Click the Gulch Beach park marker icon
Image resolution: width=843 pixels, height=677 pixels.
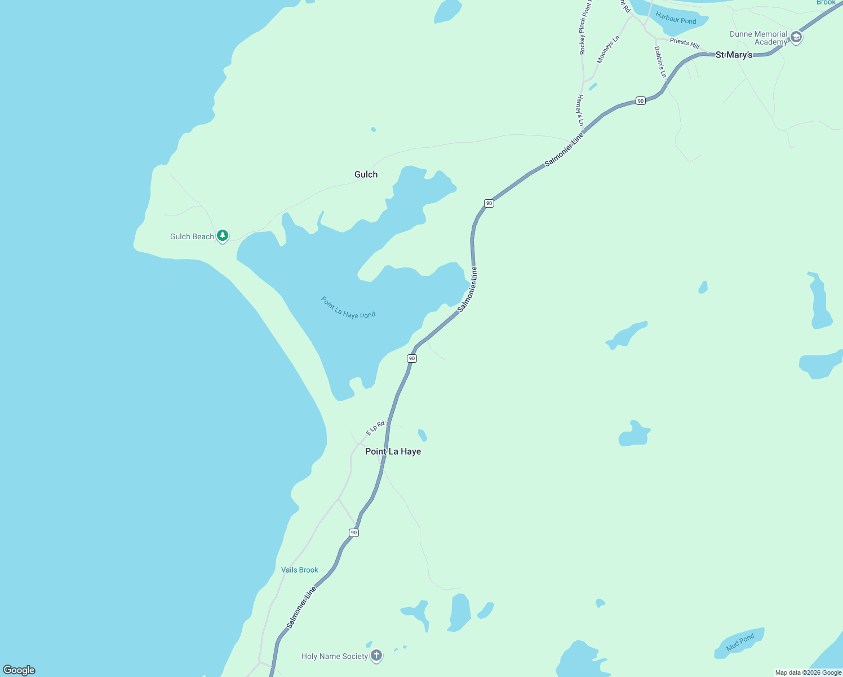pyautogui.click(x=223, y=235)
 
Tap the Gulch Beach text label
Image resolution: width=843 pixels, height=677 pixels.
pyautogui.click(x=192, y=236)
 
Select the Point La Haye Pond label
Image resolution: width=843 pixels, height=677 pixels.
pyautogui.click(x=348, y=307)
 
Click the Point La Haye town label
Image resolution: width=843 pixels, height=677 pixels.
pyautogui.click(x=393, y=451)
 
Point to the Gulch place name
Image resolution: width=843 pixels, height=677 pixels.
pyautogui.click(x=366, y=174)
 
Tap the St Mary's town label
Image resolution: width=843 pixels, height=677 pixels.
pyautogui.click(x=734, y=55)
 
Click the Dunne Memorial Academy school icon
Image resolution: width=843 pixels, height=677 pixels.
pyautogui.click(x=796, y=37)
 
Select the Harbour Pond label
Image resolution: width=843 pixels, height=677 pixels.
pyautogui.click(x=676, y=19)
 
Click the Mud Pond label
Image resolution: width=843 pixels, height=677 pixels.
pyautogui.click(x=740, y=643)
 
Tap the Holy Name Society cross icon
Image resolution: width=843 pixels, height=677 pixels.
pyautogui.click(x=376, y=656)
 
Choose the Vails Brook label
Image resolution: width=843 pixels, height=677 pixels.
pyautogui.click(x=300, y=570)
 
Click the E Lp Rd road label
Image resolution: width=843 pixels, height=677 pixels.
pyautogui.click(x=375, y=428)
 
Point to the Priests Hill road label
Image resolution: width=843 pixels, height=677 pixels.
pyautogui.click(x=685, y=42)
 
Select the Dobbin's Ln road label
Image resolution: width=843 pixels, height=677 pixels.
pyautogui.click(x=660, y=62)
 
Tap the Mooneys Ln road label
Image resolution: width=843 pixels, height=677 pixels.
pyautogui.click(x=608, y=50)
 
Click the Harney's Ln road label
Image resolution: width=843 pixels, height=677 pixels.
pyautogui.click(x=580, y=110)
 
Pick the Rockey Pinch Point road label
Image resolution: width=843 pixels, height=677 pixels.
pyautogui.click(x=586, y=28)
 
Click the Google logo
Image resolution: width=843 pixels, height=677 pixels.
pyautogui.click(x=19, y=670)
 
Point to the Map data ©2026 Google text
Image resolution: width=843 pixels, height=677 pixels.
pyautogui.click(x=808, y=672)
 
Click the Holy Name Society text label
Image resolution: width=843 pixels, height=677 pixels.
pyautogui.click(x=335, y=656)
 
